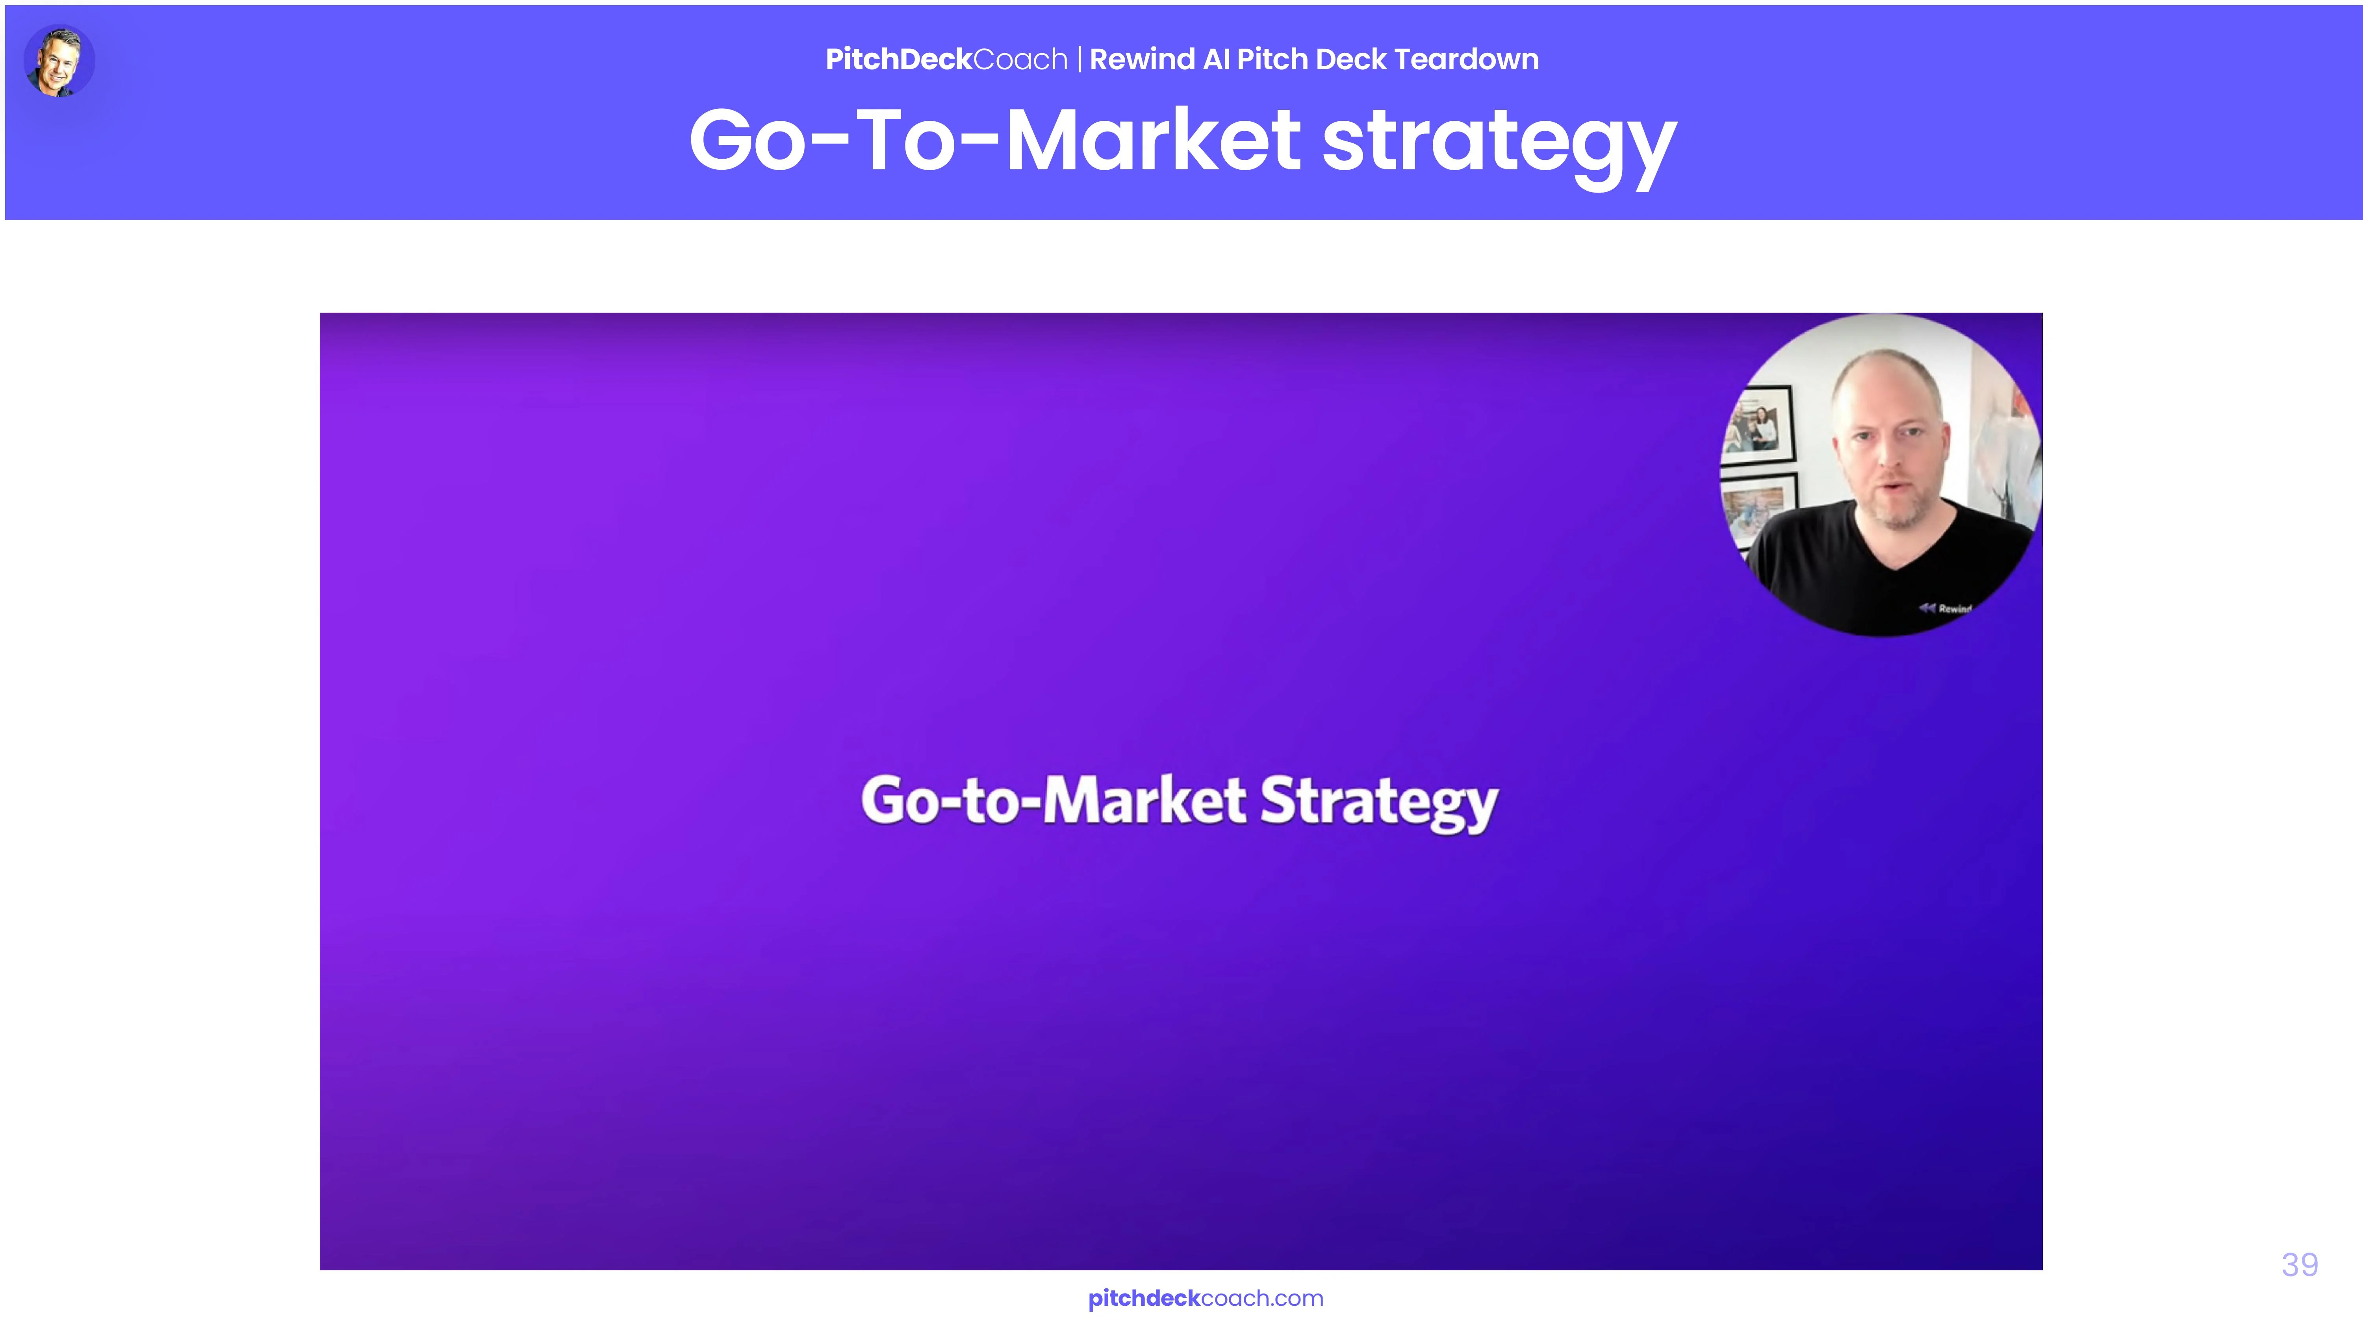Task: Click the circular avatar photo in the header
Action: (x=59, y=61)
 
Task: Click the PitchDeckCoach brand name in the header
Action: (x=946, y=59)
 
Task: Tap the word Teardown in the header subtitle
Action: (x=1466, y=59)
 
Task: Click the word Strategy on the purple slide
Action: (x=1379, y=803)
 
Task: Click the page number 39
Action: (x=2300, y=1265)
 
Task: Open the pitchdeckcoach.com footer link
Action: (x=1206, y=1299)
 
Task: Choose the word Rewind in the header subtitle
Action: (x=1141, y=59)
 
